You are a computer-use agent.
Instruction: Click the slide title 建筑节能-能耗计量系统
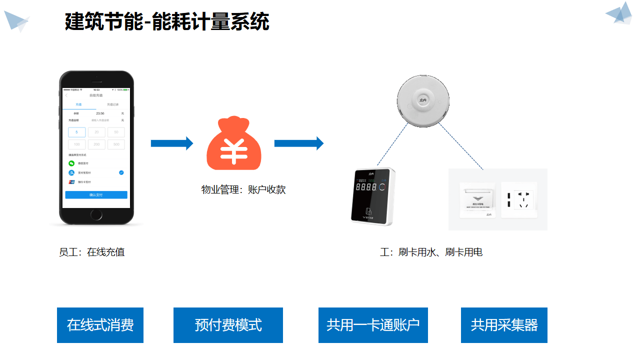[x=167, y=22]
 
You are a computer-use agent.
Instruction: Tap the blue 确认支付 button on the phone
[x=96, y=195]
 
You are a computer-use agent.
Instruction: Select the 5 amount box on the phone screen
[x=76, y=132]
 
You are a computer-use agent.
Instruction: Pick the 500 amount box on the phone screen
[x=116, y=144]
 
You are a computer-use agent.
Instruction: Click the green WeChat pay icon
[x=71, y=163]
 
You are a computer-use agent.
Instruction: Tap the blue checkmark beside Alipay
[x=121, y=172]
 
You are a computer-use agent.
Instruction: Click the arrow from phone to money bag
[x=171, y=143]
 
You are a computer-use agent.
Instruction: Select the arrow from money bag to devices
[x=298, y=143]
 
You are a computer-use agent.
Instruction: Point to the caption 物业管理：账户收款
[x=243, y=189]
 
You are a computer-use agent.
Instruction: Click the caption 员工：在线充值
[x=91, y=252]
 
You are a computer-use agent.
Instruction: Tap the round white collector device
[x=423, y=99]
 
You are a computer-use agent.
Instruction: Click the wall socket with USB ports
[x=519, y=199]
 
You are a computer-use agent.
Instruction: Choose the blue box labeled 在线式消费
[x=100, y=325]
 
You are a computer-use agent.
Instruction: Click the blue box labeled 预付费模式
[x=228, y=325]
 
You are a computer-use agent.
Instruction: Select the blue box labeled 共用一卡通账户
[x=373, y=325]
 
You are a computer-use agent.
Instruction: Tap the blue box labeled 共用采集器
[x=504, y=325]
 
